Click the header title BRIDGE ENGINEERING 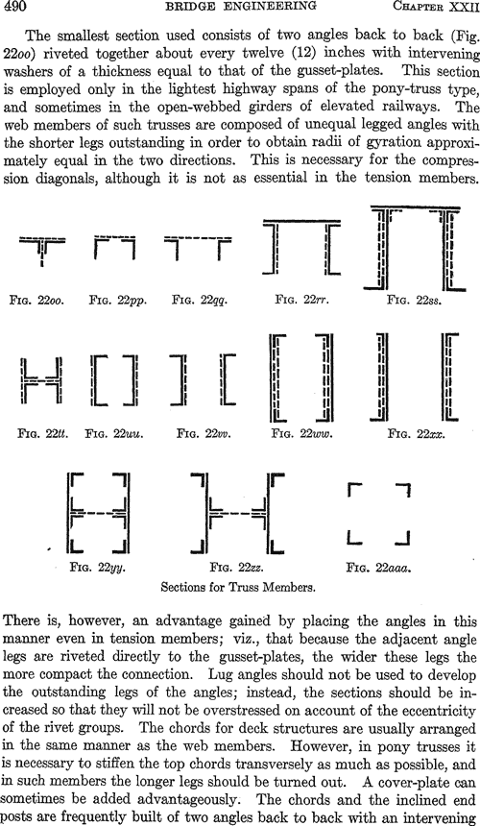pos(241,6)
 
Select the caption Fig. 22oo pos(36,301)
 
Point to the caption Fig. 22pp pos(118,301)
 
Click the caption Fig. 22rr pos(301,300)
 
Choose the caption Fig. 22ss pos(414,301)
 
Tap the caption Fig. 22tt pos(42,433)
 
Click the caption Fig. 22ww pos(302,433)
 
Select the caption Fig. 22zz pos(236,568)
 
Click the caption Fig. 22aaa pos(379,568)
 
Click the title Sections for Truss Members pos(238,587)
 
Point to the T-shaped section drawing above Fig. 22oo pos(42,241)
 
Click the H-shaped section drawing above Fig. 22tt pos(41,379)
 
